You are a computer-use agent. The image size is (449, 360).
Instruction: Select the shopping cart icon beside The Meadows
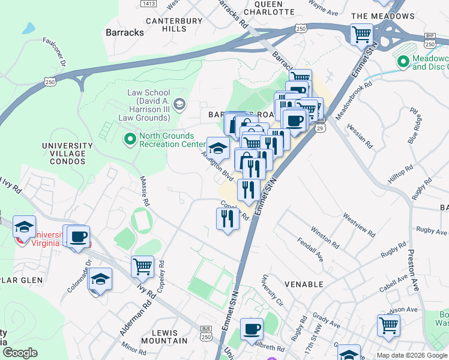pyautogui.click(x=361, y=34)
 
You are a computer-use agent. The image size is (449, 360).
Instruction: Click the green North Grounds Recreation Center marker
pyautogui.click(x=129, y=140)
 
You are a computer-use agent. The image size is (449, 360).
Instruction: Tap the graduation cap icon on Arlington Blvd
pyautogui.click(x=218, y=148)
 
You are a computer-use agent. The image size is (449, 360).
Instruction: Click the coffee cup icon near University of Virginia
pyautogui.click(x=78, y=236)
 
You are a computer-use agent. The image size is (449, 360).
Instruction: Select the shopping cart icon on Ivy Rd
pyautogui.click(x=142, y=266)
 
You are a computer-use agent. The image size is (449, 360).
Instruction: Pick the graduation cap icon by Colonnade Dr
pyautogui.click(x=100, y=279)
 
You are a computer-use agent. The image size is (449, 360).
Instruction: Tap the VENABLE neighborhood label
pyautogui.click(x=304, y=284)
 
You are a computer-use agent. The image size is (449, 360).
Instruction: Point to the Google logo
pyautogui.click(x=20, y=353)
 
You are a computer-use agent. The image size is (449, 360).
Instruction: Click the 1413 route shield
pyautogui.click(x=149, y=4)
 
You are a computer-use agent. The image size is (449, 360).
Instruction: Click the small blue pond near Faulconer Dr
pyautogui.click(x=28, y=28)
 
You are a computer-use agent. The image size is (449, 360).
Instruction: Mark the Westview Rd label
pyautogui.click(x=358, y=224)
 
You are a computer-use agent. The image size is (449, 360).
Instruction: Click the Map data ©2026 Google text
pyautogui.click(x=411, y=355)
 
